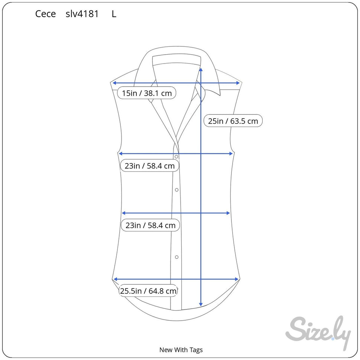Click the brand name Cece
[x=45, y=14]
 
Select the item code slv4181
[x=82, y=14]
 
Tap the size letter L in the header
[x=114, y=14]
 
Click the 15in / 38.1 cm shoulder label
[x=147, y=93]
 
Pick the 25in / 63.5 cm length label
[x=233, y=121]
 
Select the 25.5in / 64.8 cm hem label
[x=148, y=291]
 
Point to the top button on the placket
[x=176, y=157]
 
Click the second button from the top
[x=176, y=190]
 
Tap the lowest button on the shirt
[x=176, y=257]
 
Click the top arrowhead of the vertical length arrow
[x=201, y=69]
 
